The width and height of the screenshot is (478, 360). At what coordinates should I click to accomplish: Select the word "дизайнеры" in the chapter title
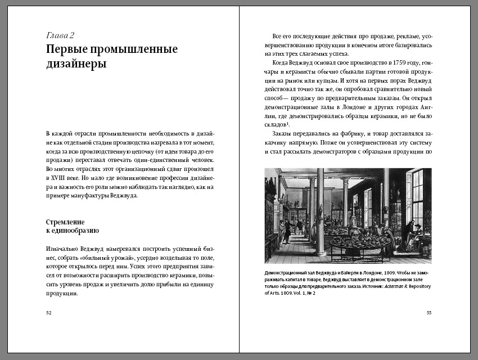tap(76, 64)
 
